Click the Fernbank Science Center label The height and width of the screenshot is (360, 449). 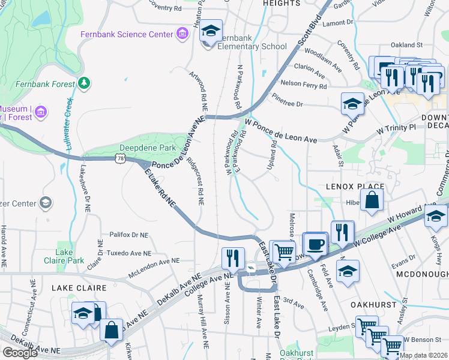tap(127, 34)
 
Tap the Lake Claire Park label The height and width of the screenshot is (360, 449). tap(64, 256)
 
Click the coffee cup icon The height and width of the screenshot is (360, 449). tap(316, 244)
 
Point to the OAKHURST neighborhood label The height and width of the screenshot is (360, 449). tap(372, 305)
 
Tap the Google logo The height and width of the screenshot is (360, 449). tap(20, 352)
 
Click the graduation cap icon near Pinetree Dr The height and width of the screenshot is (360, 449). tap(352, 104)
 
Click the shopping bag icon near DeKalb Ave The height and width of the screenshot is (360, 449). tap(111, 331)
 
